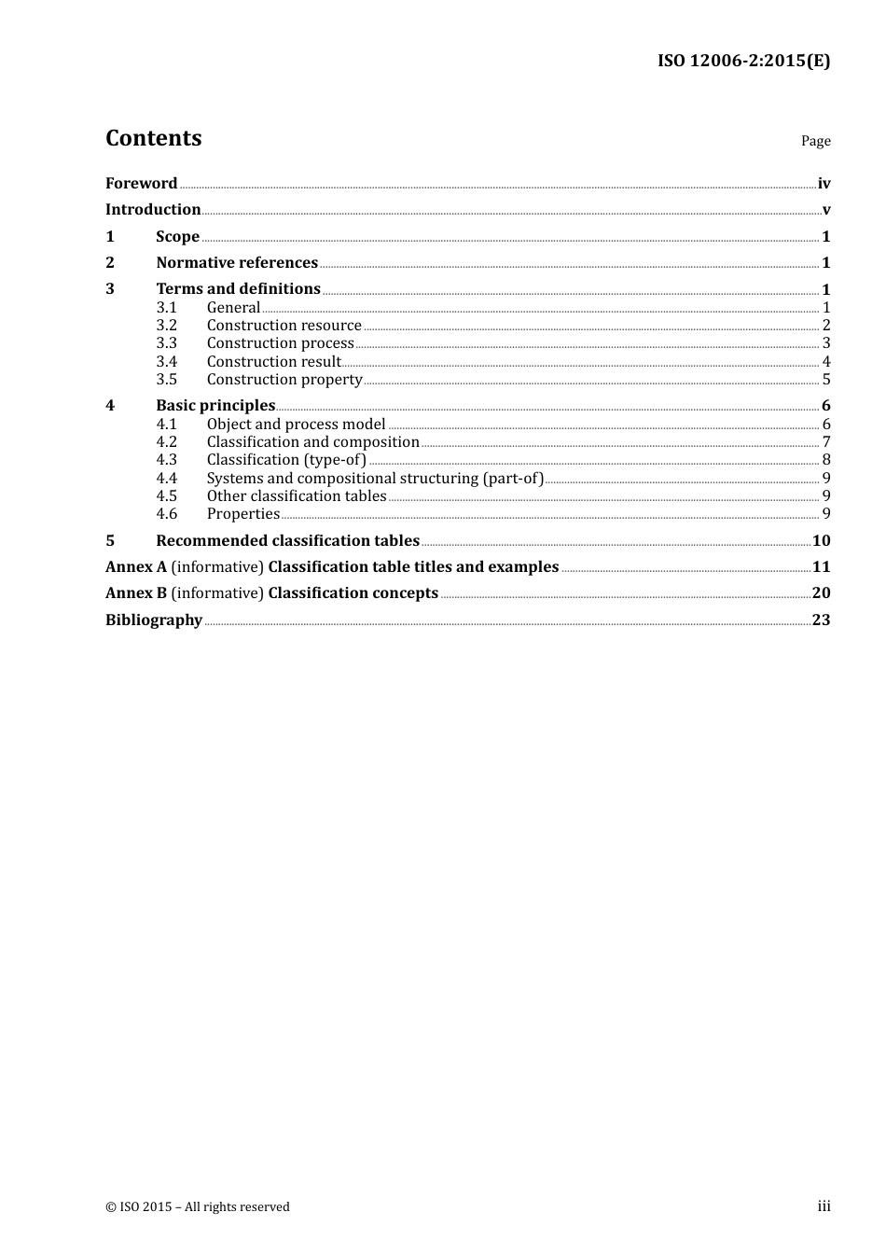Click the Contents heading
[153, 138]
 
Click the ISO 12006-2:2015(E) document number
[743, 61]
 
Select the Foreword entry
[141, 183]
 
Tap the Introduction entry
[153, 209]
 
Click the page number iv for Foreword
[824, 184]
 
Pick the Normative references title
[237, 262]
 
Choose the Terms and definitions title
[238, 288]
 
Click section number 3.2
[166, 325]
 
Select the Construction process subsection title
[280, 342]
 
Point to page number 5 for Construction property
[826, 379]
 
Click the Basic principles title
[215, 405]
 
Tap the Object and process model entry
[296, 424]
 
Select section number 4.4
[166, 478]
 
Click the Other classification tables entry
[297, 495]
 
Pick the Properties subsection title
[242, 513]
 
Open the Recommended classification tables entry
[287, 540]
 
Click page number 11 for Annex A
[821, 566]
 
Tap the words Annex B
[135, 592]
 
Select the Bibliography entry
[154, 620]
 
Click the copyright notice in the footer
[198, 1206]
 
